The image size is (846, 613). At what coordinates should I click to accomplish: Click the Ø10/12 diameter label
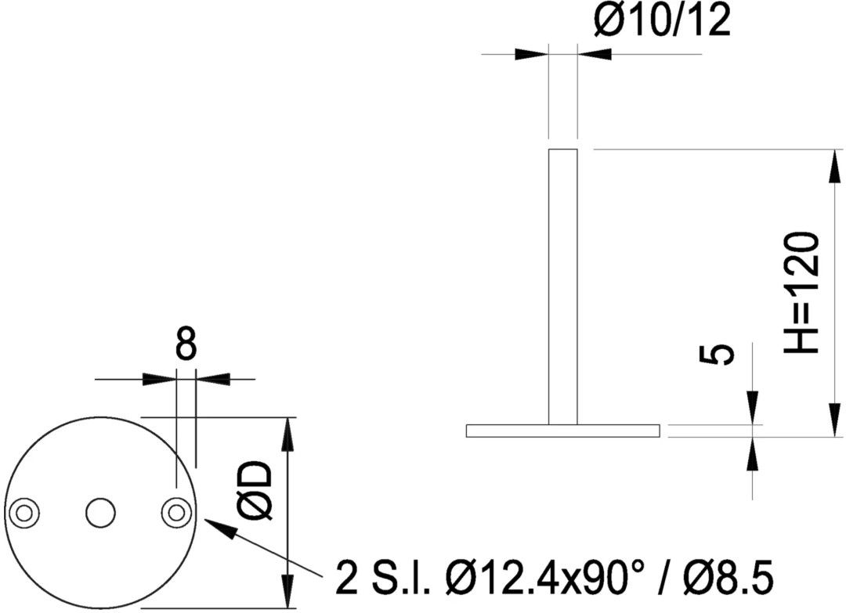coord(662,20)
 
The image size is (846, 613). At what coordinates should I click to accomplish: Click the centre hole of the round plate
coord(99,512)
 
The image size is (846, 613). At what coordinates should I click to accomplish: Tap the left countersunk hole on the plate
coord(24,512)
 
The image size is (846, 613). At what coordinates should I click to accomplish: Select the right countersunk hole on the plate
coord(176,512)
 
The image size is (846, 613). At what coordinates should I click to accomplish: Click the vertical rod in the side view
coord(562,287)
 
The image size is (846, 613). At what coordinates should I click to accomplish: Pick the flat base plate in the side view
coord(562,431)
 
